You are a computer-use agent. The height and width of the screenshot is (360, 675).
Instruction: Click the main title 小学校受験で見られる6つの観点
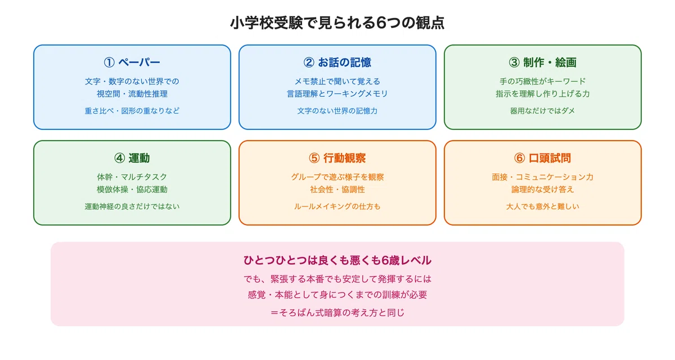(337, 23)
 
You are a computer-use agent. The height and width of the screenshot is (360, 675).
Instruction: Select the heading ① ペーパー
(132, 62)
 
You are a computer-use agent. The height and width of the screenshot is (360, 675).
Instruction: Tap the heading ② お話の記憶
(337, 62)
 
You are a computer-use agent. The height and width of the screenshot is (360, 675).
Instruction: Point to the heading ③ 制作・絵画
(542, 62)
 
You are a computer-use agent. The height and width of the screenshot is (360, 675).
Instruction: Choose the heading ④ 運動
(132, 158)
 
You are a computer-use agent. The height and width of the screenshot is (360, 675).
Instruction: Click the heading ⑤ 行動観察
(337, 158)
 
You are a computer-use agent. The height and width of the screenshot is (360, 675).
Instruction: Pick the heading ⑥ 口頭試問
(542, 158)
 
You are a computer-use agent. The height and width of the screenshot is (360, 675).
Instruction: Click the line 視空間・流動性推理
(132, 94)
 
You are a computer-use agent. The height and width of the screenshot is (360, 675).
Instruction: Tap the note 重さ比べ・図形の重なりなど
(132, 111)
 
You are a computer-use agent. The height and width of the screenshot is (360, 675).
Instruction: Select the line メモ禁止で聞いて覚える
(337, 82)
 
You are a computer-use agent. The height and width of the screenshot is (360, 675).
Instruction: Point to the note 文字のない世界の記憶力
(337, 111)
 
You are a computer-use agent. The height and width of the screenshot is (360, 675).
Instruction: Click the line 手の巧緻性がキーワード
(542, 82)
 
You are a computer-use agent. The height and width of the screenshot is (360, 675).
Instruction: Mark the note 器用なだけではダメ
(542, 111)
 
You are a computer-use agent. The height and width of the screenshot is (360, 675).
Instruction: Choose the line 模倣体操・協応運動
(132, 190)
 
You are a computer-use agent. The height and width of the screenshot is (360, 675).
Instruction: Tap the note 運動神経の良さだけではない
(132, 206)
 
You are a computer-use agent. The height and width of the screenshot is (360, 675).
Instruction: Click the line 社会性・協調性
(337, 190)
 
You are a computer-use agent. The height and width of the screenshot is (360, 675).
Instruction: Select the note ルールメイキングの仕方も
(337, 206)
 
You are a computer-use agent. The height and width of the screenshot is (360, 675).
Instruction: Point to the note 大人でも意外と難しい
(542, 206)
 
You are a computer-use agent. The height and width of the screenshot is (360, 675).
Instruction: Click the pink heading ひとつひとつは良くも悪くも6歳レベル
(337, 260)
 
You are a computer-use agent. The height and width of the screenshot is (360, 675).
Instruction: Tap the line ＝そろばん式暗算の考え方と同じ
(337, 313)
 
